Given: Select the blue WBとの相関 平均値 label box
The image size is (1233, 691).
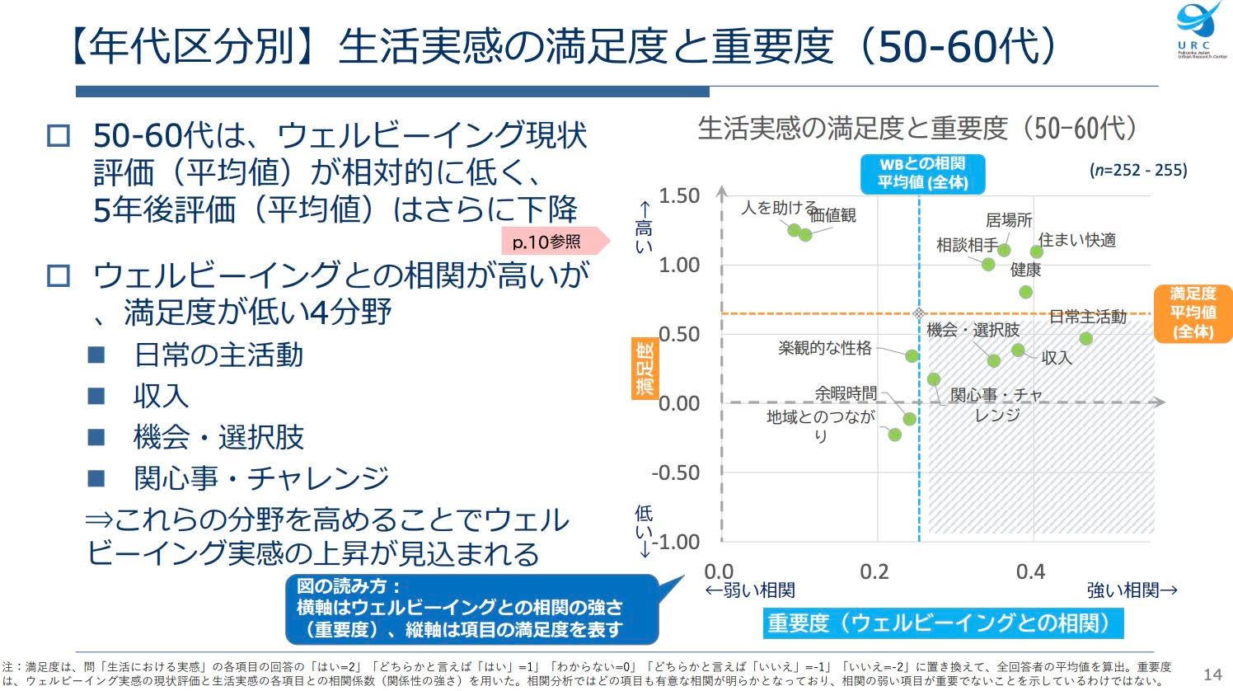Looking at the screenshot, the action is pos(922,174).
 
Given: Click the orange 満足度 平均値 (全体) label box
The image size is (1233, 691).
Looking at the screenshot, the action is pos(1193,313).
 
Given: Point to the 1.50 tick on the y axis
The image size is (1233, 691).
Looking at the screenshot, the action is pos(679,196).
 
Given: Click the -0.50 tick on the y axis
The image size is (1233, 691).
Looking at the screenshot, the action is pos(676,473).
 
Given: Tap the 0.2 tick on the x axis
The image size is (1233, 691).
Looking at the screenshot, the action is pos(874,572).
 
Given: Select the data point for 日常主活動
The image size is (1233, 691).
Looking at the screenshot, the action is pos(1085,339).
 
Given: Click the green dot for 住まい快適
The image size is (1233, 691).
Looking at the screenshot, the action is pos(1037,251).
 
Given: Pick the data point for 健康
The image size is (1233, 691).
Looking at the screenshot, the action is pos(1025,292).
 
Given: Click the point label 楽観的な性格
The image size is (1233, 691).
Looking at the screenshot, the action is pos(825,348).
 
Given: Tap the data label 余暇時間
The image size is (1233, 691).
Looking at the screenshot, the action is pos(846,393).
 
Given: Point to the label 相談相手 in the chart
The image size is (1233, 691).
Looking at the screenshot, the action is pos(967,245).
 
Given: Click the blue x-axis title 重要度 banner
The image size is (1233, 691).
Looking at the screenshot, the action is pos(943,623).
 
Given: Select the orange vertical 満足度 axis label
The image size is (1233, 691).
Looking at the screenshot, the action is pos(645,369).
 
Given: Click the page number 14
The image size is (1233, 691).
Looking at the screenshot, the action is pos(1212,675).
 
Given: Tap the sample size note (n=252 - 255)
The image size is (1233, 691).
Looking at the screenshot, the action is pos(1138,170).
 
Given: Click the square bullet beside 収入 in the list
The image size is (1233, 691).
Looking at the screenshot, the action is pos(96,396).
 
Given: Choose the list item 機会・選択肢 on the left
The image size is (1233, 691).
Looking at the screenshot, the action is pos(218,437).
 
